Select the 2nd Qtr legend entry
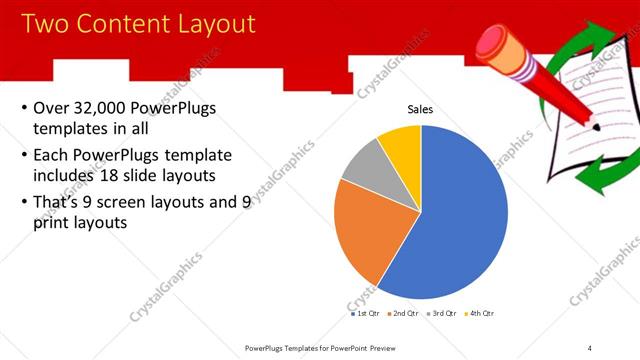(x=402, y=313)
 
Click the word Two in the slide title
(x=42, y=23)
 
